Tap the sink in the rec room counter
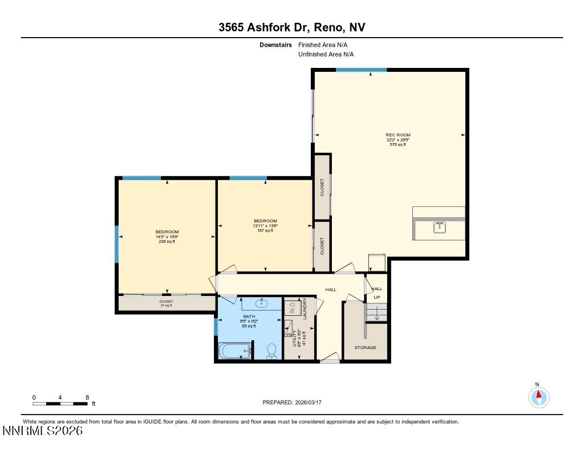439,228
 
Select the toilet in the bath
271,351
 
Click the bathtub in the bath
234,351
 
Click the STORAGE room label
365,347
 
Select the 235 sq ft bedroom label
167,236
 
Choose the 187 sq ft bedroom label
265,226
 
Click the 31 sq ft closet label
166,303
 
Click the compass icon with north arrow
538,396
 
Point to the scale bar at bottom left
63,403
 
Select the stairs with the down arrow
376,313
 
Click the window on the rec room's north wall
361,70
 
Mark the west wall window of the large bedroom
117,244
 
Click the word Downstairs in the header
275,44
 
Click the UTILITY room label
295,338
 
